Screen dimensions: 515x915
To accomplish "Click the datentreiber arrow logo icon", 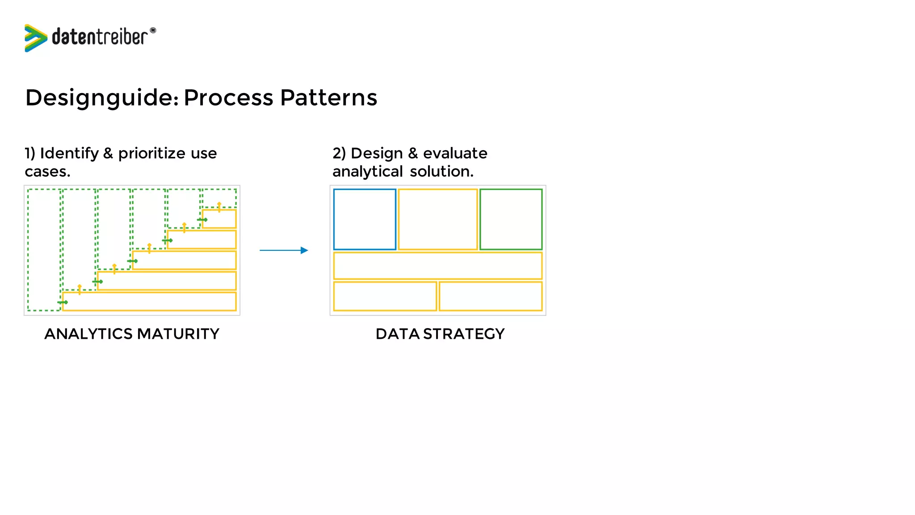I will tap(35, 38).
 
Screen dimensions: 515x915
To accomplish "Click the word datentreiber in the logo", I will tap(100, 37).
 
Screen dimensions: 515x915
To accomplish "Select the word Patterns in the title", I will tap(329, 97).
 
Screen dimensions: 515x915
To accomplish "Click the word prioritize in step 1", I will tap(152, 153).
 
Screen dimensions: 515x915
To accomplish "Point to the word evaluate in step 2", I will tap(455, 153).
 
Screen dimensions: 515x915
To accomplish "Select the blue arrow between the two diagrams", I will tap(284, 250).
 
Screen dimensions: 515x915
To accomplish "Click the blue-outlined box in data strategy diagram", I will tap(365, 219).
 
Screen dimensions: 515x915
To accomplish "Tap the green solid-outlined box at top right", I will tap(511, 219).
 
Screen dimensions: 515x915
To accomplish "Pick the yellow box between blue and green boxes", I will tap(438, 219).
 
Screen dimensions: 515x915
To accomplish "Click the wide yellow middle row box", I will tap(438, 266).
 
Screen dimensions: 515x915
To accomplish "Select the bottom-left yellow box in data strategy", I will tap(385, 296).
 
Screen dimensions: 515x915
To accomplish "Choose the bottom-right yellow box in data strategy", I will tap(491, 296).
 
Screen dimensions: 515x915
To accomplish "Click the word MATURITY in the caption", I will tap(178, 334).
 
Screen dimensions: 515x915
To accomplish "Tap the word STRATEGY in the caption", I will tap(464, 334).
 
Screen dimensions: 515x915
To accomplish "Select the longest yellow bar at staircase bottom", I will tap(149, 301).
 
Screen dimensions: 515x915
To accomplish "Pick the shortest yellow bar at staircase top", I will tap(219, 219).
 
